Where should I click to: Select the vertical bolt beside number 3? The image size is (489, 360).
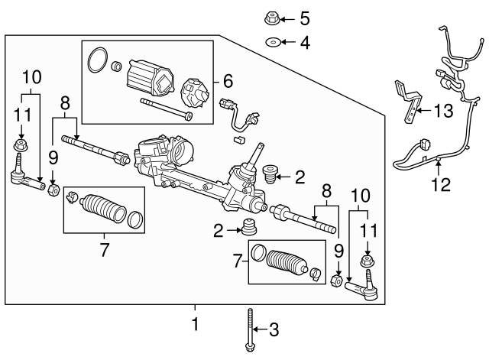coord(250,331)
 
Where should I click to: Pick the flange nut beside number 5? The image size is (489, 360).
coord(272,18)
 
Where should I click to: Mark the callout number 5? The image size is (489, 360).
coord(305,18)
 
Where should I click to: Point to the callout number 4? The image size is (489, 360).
coord(305,43)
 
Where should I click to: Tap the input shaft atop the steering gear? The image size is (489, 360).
coord(259,150)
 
